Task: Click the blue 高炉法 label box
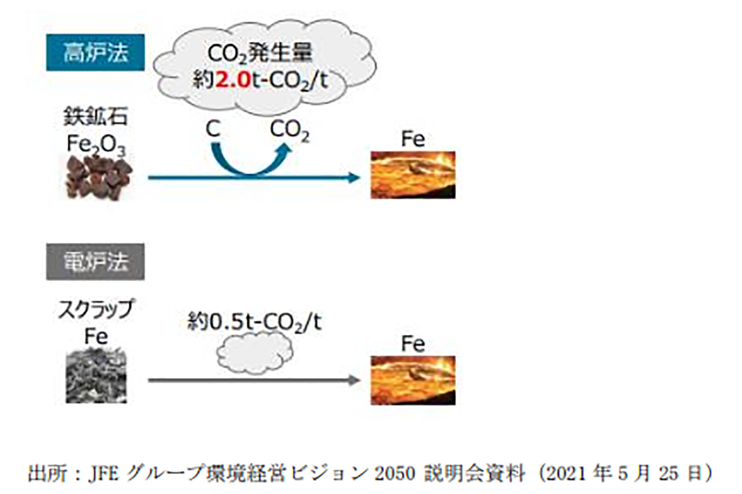coord(95,53)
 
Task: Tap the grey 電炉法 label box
coord(95,262)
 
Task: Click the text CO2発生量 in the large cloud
coord(260,53)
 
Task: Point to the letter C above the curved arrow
coord(213,130)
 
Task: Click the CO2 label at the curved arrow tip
coord(289,131)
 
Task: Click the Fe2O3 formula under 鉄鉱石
coord(96,144)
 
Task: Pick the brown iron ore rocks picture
coord(99,177)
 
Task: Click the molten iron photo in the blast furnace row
coord(413,175)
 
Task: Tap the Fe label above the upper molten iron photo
coord(413,139)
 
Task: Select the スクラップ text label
coord(96,309)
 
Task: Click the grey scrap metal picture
coord(96,378)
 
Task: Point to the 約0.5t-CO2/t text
coord(254,322)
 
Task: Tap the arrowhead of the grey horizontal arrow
coord(355,380)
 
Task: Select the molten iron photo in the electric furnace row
coord(413,380)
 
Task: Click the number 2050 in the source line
coord(395,473)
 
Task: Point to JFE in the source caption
coord(103,473)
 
